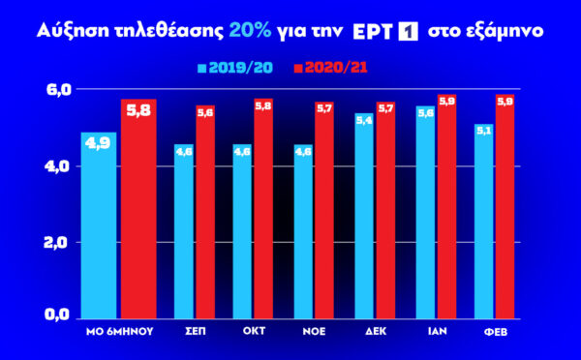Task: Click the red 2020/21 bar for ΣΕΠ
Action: tap(205, 211)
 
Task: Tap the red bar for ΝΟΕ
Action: tap(323, 209)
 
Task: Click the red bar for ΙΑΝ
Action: tap(445, 205)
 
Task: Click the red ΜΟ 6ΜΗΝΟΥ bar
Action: tap(138, 208)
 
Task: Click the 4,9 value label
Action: tap(98, 143)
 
